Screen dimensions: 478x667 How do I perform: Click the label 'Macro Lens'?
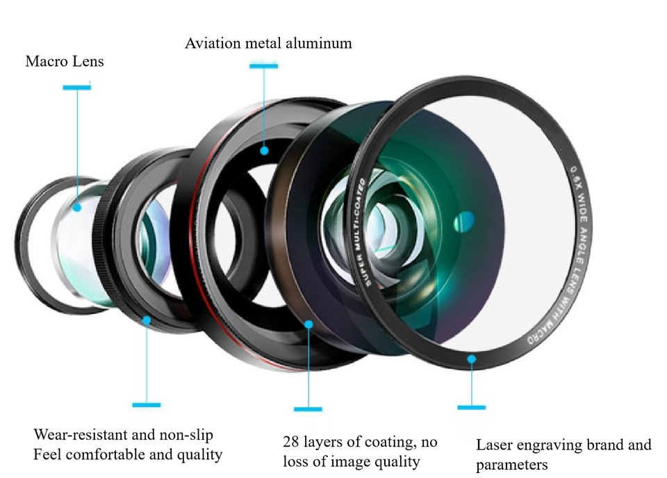[x=65, y=62]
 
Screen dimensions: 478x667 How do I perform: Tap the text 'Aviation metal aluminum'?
[x=268, y=44]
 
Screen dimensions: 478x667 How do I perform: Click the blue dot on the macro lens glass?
[x=77, y=206]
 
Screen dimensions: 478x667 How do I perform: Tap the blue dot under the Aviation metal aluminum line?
[x=264, y=150]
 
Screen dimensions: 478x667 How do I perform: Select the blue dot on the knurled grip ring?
[x=147, y=320]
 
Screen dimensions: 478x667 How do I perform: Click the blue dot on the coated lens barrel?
[x=308, y=324]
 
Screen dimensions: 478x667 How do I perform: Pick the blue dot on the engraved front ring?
[x=472, y=359]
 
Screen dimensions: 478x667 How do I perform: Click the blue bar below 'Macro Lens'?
[x=76, y=88]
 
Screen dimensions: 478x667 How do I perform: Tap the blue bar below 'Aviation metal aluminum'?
[x=264, y=66]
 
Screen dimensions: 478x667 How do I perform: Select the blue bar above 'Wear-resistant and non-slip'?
[x=147, y=405]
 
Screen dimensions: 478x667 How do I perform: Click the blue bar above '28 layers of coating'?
[x=308, y=409]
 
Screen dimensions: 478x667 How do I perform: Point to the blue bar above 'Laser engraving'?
[x=472, y=407]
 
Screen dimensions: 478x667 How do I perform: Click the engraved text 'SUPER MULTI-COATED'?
[x=363, y=233]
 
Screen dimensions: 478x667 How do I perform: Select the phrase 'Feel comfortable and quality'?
[x=129, y=455]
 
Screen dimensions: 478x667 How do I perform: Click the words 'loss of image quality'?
[x=352, y=461]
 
